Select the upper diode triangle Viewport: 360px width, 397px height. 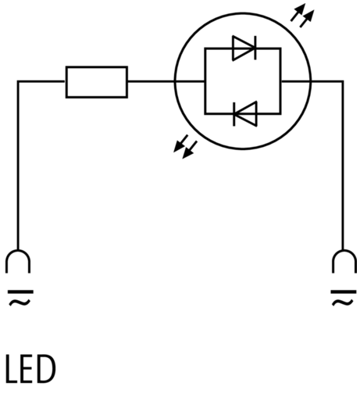point(244,48)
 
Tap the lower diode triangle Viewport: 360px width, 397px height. point(246,114)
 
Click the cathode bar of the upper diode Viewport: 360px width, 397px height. point(255,48)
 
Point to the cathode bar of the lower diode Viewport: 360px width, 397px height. point(234,114)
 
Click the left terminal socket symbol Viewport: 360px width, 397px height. point(18,261)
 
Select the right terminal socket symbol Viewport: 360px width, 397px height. point(344,261)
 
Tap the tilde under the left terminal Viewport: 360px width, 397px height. point(20,302)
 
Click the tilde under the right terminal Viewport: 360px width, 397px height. point(343,302)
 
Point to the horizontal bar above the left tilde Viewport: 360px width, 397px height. point(20,291)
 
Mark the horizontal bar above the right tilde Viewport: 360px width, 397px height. point(344,291)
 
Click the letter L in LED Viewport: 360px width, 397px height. point(12,369)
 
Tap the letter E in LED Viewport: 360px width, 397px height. point(27,369)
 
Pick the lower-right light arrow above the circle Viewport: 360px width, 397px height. point(307,19)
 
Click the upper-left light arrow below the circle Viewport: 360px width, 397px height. point(180,143)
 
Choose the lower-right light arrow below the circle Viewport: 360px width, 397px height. point(190,150)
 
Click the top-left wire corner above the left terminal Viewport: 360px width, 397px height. point(18,81)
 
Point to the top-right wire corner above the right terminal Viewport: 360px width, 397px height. point(343,81)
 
